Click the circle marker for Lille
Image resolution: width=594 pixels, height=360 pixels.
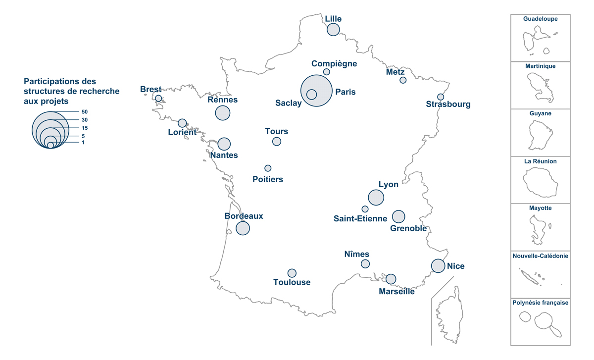(334, 29)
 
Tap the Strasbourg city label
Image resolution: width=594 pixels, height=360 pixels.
(448, 104)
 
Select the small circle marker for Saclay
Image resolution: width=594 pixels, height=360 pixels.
(311, 94)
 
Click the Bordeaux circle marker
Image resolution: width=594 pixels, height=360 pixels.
(243, 228)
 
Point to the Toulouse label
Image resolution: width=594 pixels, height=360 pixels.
(292, 282)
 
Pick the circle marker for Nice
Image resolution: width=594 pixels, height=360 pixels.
(438, 266)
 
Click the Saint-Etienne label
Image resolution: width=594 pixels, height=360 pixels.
(360, 218)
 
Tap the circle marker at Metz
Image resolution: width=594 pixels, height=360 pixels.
(403, 80)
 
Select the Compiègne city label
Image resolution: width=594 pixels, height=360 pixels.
(334, 63)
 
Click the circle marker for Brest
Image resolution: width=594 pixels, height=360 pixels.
(158, 99)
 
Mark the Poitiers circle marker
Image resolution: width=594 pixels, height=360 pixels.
(268, 168)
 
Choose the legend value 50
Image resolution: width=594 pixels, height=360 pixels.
(85, 112)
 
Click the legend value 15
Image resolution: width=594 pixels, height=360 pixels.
(85, 128)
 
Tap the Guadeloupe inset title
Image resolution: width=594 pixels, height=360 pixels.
(541, 19)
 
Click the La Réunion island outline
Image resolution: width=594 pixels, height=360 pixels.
(541, 183)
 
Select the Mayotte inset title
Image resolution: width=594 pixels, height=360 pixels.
(541, 208)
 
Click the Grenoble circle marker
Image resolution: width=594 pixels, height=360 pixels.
(398, 216)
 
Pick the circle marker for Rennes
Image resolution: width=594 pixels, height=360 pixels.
(223, 113)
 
